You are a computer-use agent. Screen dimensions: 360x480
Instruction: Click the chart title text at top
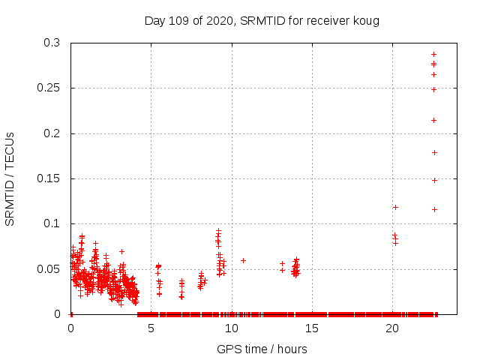[x=262, y=20]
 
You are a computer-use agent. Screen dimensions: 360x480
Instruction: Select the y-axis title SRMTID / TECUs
[x=10, y=178]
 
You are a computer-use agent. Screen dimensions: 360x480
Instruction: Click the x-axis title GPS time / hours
[x=262, y=349]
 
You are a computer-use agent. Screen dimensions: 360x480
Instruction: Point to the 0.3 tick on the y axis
[x=52, y=43]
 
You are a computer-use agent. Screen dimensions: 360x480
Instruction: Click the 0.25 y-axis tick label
[x=49, y=88]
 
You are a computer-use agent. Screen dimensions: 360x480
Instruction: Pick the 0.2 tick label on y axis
[x=52, y=133]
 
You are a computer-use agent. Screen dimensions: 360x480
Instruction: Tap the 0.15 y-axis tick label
[x=49, y=178]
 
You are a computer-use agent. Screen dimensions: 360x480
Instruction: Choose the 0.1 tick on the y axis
[x=52, y=223]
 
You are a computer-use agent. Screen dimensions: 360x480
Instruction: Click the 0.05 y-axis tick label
[x=49, y=268]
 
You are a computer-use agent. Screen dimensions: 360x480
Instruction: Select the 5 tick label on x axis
[x=151, y=328]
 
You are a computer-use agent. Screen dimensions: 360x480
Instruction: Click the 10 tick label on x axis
[x=232, y=328]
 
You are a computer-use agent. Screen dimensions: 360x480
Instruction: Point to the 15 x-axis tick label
[x=312, y=328]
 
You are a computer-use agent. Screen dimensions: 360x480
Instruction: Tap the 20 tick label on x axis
[x=392, y=328]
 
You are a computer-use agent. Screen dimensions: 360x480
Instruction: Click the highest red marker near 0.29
[x=433, y=54]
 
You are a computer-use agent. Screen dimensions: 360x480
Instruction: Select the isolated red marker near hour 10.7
[x=243, y=260]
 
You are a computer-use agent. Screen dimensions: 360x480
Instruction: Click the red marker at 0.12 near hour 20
[x=395, y=207]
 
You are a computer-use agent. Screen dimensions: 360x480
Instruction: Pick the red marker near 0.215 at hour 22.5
[x=433, y=120]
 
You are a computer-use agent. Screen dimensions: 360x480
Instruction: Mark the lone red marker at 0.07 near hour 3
[x=121, y=251]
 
